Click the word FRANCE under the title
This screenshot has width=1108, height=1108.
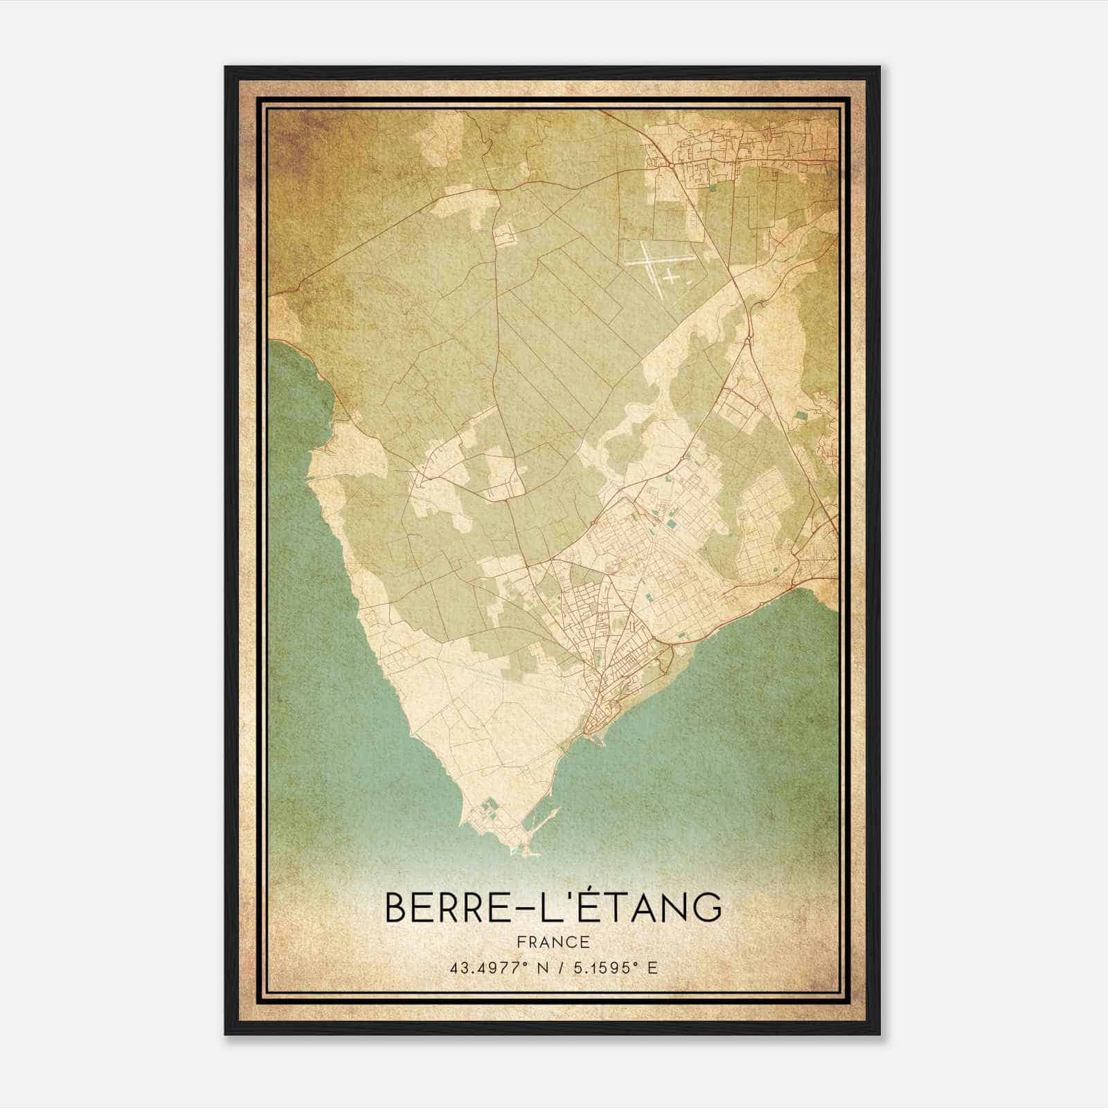pos(553,942)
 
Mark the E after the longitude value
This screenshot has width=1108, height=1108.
pos(652,967)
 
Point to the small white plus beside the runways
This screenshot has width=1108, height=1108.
pos(670,276)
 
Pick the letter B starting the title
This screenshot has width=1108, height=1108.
pos(396,908)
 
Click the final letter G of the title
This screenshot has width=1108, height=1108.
pos(707,908)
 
